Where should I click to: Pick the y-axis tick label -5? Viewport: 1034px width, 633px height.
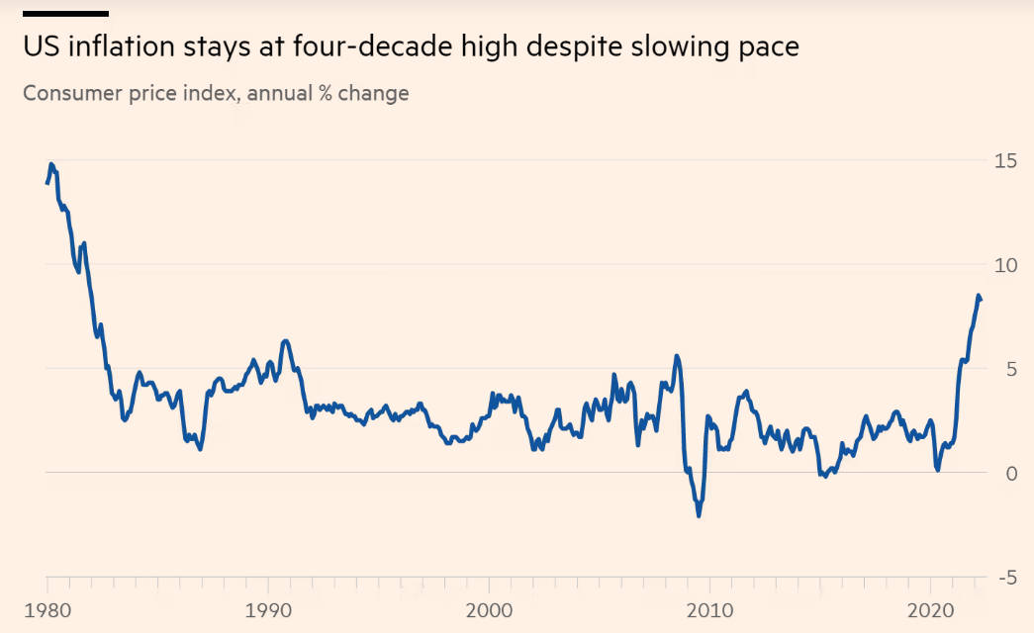[x=1004, y=577]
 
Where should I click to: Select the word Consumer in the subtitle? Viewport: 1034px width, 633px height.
[x=68, y=94]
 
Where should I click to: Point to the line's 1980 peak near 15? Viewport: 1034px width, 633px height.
[x=51, y=164]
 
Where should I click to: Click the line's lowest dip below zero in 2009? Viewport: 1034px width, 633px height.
[x=699, y=515]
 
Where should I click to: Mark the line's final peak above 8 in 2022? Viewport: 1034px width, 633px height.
[x=979, y=296]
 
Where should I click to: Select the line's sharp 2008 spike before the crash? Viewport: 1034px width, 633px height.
[x=677, y=356]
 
